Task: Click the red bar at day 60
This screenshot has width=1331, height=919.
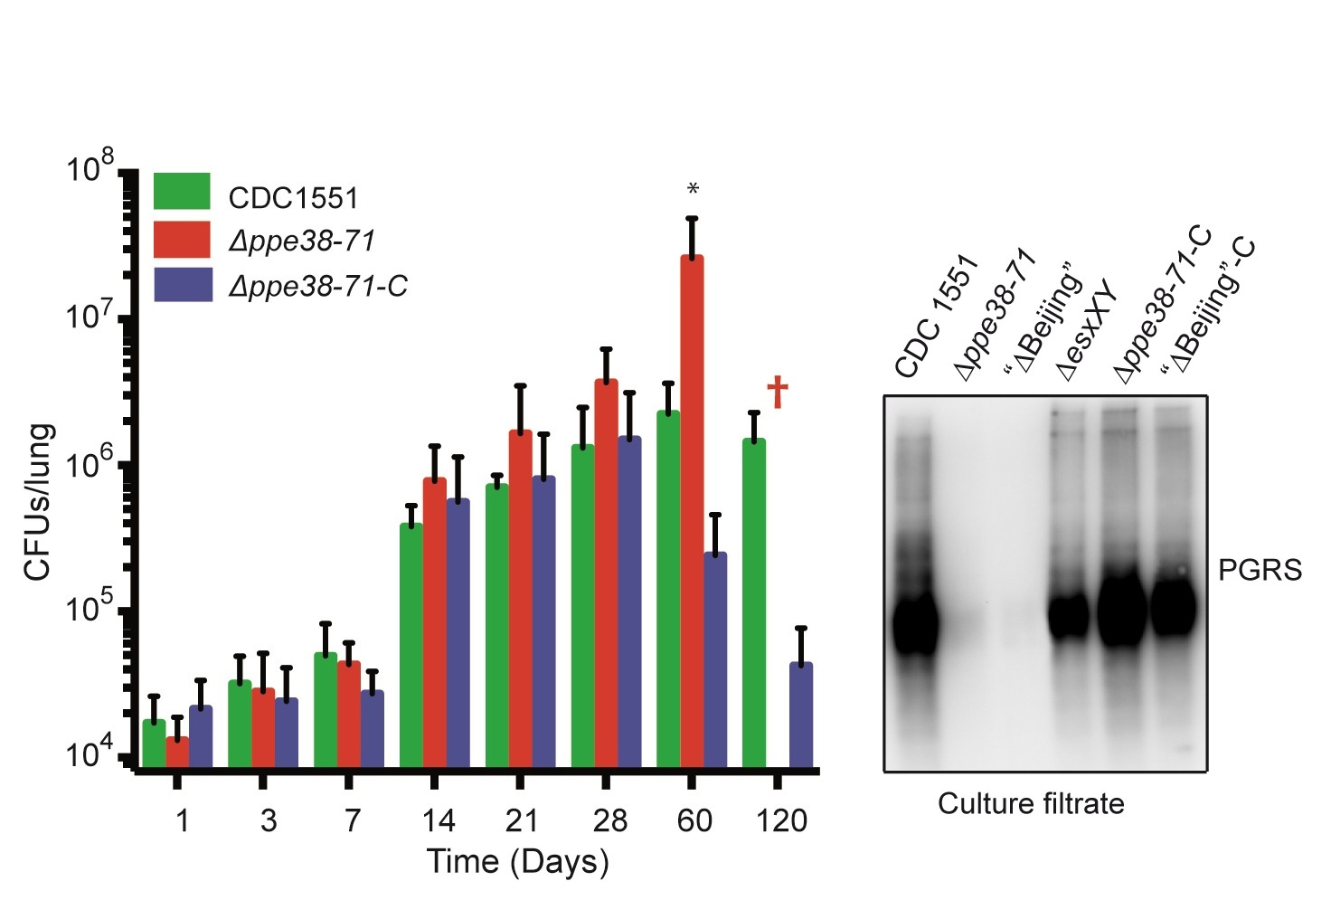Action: click(692, 511)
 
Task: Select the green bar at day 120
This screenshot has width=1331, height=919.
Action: click(754, 602)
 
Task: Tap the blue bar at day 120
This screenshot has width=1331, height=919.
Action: click(801, 715)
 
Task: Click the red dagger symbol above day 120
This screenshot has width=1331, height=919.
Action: click(778, 393)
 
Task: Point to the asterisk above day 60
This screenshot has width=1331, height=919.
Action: click(693, 190)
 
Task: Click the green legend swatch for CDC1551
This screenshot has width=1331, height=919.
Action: click(182, 192)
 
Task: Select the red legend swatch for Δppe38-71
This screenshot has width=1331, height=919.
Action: click(182, 239)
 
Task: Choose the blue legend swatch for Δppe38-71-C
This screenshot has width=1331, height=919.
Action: click(182, 284)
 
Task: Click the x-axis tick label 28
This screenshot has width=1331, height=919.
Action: click(609, 820)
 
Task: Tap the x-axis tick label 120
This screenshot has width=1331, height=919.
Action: click(781, 820)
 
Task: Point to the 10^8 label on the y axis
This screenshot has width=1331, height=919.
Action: click(90, 169)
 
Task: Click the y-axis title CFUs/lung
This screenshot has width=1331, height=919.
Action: click(38, 501)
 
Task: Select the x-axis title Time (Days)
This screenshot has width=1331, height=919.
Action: click(517, 861)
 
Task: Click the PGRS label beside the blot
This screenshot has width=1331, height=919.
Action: click(1260, 570)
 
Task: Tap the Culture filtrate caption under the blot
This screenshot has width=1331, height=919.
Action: click(1031, 803)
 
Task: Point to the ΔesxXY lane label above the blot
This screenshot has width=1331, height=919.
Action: click(1088, 335)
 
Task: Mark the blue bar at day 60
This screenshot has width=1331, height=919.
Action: click(715, 659)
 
